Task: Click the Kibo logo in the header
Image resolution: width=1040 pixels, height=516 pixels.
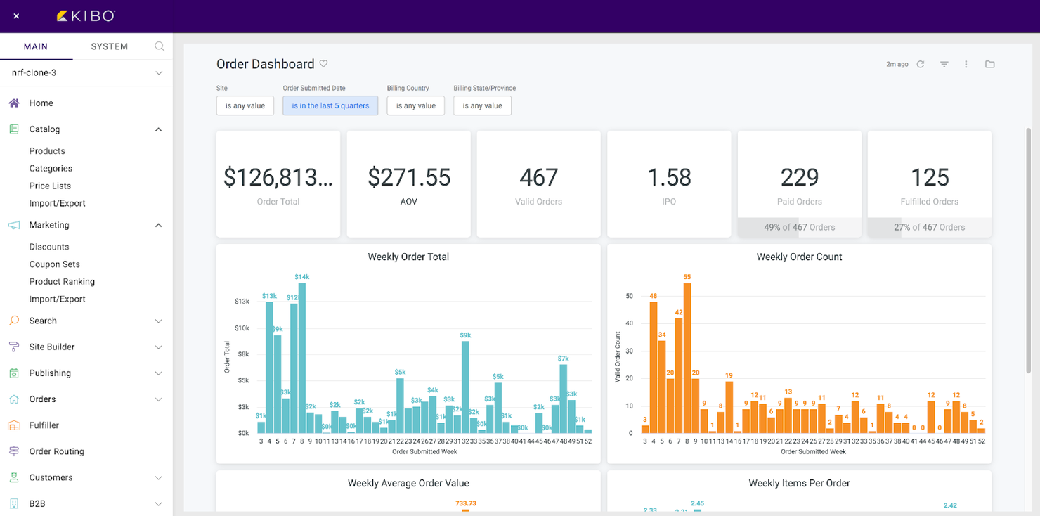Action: pos(85,15)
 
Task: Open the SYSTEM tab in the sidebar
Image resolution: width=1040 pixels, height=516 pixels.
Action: pos(109,46)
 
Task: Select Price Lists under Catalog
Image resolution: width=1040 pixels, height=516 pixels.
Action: pos(50,186)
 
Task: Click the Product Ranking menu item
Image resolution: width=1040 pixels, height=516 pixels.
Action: pos(62,281)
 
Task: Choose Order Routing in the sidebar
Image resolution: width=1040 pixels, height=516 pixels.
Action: pos(56,451)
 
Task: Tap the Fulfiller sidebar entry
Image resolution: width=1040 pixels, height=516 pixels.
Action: pos(44,425)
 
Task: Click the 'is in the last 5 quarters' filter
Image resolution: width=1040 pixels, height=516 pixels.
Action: pos(330,105)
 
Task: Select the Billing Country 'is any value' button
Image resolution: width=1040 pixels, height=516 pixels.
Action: pos(415,105)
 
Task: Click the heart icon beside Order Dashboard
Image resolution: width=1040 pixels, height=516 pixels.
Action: pos(323,64)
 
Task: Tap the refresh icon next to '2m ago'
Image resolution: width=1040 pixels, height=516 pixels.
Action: pos(920,64)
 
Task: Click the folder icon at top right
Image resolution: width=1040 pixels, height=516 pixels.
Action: pos(989,64)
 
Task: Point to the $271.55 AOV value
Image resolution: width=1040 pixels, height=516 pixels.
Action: pos(409,177)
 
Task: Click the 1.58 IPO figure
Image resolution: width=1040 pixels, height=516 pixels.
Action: pos(669,177)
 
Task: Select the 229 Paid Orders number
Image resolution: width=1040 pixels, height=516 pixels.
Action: pos(800,177)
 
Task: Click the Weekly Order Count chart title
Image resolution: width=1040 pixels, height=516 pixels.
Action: pos(799,257)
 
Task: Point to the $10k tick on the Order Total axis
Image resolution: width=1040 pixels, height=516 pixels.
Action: pos(242,328)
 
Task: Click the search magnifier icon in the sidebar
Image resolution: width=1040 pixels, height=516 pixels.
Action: pos(160,46)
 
